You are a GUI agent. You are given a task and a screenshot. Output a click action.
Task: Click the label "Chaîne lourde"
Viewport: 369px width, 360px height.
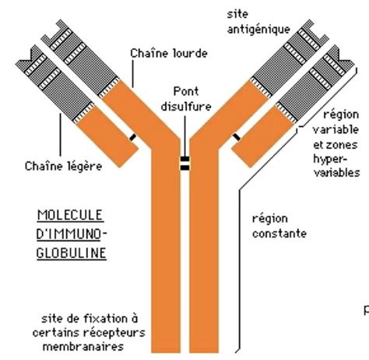click(x=169, y=53)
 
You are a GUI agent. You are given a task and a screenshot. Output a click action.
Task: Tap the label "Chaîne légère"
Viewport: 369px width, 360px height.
click(x=63, y=167)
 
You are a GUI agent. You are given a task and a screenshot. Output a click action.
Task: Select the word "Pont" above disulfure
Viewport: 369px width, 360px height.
click(x=186, y=91)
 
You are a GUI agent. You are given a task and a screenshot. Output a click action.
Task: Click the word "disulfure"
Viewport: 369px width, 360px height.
click(x=186, y=107)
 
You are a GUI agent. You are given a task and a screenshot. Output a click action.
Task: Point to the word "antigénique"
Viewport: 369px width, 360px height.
click(x=258, y=30)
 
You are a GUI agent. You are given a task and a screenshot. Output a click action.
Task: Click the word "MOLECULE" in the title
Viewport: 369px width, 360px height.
click(x=70, y=215)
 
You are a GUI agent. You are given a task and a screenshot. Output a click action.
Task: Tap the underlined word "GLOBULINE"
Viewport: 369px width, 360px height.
click(x=72, y=253)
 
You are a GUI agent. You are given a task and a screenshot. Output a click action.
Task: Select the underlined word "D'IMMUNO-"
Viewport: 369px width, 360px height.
click(x=72, y=234)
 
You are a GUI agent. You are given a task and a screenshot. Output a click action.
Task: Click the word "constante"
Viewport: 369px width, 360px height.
click(x=279, y=234)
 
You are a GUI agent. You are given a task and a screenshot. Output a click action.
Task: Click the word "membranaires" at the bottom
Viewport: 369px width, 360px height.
click(x=83, y=347)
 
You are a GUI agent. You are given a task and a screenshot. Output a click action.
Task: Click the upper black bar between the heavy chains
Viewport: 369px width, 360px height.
click(x=184, y=159)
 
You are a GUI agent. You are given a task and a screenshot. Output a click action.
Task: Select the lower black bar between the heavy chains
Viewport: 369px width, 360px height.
click(x=184, y=168)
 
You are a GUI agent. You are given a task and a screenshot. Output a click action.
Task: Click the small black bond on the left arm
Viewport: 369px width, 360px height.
click(x=132, y=137)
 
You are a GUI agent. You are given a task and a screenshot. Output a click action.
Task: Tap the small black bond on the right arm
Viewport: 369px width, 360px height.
click(x=237, y=137)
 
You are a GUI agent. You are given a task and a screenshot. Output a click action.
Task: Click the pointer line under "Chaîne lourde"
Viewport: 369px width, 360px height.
click(x=133, y=74)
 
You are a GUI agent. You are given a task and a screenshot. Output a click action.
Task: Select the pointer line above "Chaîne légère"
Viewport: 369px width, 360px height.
click(x=60, y=135)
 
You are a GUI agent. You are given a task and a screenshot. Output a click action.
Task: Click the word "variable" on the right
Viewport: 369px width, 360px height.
click(x=336, y=129)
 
